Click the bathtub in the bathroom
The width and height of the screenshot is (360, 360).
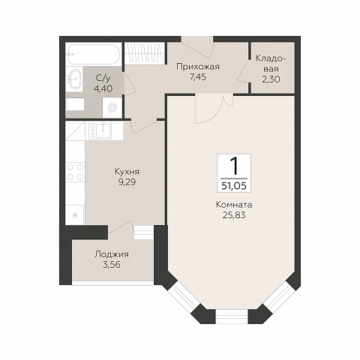(x=94, y=55)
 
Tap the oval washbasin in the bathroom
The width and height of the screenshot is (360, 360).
(x=75, y=79)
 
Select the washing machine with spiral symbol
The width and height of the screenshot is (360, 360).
(x=112, y=107)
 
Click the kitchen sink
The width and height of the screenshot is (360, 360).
(x=104, y=130)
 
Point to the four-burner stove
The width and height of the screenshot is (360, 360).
(x=75, y=172)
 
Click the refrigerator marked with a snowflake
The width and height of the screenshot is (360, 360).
(x=75, y=214)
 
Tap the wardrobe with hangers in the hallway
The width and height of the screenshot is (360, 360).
(x=145, y=53)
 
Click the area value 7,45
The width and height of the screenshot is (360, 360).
(x=198, y=77)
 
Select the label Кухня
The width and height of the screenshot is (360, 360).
(x=127, y=172)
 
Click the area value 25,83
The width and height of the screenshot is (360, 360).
(x=234, y=215)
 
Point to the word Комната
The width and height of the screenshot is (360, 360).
(x=234, y=205)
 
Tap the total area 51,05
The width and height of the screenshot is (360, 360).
(x=234, y=186)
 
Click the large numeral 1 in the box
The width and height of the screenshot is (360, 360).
(x=234, y=166)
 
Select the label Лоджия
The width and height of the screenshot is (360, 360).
(x=112, y=254)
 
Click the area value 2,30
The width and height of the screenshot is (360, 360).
(x=271, y=79)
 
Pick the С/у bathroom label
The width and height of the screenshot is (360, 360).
(x=103, y=79)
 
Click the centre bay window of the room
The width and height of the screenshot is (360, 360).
(x=232, y=316)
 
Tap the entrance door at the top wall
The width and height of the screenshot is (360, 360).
(x=197, y=46)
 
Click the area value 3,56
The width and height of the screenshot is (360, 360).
(x=112, y=265)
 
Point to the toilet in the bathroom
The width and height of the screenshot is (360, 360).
(x=75, y=104)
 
